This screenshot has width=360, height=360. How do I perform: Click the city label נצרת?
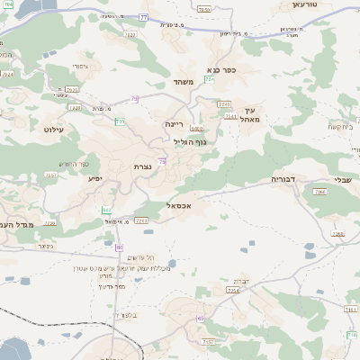point(142,166)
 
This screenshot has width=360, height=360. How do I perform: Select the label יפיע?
point(94,179)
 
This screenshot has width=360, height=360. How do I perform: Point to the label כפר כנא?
point(220,69)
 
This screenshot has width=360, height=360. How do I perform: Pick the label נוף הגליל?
point(189,142)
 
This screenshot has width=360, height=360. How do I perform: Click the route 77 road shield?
point(144,17)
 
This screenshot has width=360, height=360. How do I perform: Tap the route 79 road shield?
point(134,98)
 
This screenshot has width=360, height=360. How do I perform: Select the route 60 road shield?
point(119,246)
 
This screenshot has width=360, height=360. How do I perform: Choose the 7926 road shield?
point(71,90)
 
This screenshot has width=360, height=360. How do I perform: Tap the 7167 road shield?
point(208,343)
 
